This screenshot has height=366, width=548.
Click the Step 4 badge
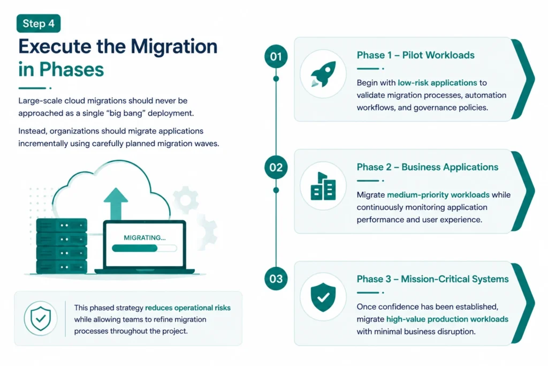click(39, 24)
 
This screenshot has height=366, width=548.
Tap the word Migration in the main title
click(174, 47)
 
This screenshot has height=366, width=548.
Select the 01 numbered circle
click(276, 56)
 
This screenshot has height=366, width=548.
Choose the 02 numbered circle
click(276, 168)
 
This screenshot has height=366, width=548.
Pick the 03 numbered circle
click(276, 279)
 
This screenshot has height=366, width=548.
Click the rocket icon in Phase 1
click(324, 74)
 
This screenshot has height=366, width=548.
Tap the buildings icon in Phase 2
click(323, 186)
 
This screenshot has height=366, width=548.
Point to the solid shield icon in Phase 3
click(323, 297)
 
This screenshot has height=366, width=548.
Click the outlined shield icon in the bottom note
click(41, 318)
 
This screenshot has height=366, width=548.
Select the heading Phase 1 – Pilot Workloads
click(415, 55)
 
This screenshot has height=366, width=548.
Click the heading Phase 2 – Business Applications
click(428, 167)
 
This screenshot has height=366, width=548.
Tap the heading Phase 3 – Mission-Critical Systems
click(432, 279)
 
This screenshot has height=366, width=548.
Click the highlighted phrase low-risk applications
click(437, 83)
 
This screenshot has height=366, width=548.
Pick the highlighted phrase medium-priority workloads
click(438, 195)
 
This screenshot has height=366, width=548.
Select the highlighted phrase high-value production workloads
click(447, 319)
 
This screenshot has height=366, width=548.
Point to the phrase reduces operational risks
click(188, 308)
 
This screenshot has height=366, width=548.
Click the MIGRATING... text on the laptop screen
click(144, 238)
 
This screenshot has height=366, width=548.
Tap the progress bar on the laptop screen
click(144, 249)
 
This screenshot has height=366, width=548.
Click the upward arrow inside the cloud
click(116, 204)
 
